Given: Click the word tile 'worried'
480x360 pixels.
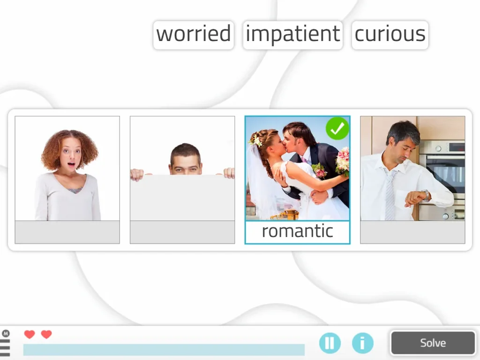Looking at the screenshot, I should pos(193,35).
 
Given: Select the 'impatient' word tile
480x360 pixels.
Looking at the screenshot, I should pos(292,35).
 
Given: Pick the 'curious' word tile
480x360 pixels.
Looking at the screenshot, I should pos(390,35).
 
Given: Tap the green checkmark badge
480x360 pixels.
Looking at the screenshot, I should pos(337,128).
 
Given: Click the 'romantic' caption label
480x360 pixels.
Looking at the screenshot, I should pos(297,232).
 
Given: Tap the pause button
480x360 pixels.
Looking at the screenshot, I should pos(330,343).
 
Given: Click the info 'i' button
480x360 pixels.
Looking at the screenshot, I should pos(362,343).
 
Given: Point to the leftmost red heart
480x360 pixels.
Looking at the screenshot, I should pos(30,334).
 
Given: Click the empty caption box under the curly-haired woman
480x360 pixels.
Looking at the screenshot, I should pos(67,232).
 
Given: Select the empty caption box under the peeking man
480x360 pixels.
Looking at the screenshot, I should pos(182,232).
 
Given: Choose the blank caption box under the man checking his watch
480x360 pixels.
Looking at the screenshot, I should pos(412,232).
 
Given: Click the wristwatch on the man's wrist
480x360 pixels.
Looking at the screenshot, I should pos(426,195).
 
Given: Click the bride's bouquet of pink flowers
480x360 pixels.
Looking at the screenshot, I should pos(343,161).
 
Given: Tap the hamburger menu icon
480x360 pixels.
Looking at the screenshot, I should pos(5,347).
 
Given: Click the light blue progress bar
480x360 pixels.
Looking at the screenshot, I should pos(164,350).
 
